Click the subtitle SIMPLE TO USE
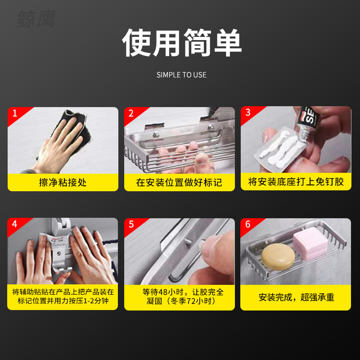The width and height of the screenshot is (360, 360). click(181, 75)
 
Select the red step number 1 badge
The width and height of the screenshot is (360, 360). click(15, 113)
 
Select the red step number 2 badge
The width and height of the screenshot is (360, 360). click(131, 113)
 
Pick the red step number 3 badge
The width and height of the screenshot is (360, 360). click(248, 112)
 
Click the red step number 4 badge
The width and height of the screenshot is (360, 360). click(15, 224)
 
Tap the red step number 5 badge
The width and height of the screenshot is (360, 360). click(131, 224)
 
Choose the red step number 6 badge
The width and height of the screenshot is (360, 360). click(247, 224)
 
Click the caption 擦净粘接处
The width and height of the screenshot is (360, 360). click(63, 182)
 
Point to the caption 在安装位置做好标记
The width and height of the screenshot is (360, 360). click(179, 182)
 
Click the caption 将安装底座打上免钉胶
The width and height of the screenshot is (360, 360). click(296, 181)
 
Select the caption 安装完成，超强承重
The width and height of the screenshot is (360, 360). click(296, 297)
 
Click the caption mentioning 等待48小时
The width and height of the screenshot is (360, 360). click(179, 297)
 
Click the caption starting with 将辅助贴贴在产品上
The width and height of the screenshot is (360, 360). click(63, 297)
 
